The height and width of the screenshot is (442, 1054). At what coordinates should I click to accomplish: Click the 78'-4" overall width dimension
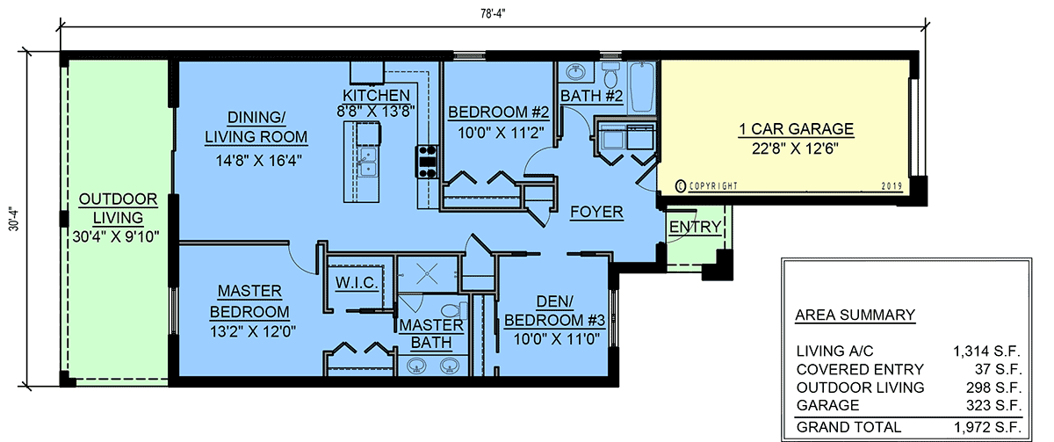click(493, 14)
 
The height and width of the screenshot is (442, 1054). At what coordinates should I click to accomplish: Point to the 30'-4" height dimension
click(14, 219)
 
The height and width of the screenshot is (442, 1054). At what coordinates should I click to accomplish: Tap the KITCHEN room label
click(376, 95)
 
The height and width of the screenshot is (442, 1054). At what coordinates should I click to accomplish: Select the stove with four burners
click(426, 162)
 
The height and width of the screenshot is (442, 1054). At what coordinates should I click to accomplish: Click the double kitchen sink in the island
click(367, 162)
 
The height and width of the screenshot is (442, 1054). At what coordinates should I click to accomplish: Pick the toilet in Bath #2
click(611, 76)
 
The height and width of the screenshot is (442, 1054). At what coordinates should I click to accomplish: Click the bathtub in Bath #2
click(642, 88)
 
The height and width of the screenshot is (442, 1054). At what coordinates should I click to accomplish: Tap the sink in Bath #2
click(574, 72)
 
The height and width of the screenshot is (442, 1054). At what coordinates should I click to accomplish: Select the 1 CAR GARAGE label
click(796, 129)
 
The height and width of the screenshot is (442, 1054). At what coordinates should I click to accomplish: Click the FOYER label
click(596, 213)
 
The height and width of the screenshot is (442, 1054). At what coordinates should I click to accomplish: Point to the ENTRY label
click(695, 227)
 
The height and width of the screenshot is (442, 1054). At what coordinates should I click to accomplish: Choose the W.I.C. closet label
click(357, 283)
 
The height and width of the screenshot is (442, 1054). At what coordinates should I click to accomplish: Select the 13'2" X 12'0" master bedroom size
click(253, 332)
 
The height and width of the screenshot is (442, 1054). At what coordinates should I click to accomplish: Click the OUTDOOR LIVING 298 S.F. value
click(993, 388)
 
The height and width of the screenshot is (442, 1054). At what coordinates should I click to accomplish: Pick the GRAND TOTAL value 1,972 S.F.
click(987, 427)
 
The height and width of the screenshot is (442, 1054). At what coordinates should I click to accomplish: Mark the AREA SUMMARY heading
click(855, 315)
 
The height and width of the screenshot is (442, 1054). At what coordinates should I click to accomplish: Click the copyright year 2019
click(892, 186)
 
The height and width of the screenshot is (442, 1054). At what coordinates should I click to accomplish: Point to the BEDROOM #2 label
click(498, 112)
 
